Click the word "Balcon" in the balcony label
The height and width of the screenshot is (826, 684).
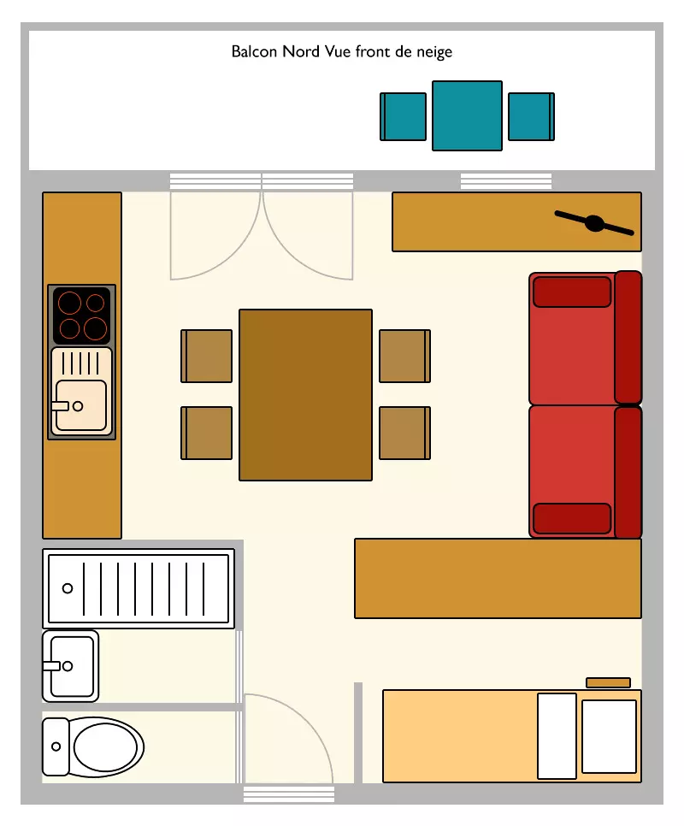[x=254, y=51]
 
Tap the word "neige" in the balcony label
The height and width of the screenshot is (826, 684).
[x=434, y=52]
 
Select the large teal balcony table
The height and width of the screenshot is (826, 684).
[x=467, y=116]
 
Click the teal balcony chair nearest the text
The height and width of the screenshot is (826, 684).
[x=404, y=116]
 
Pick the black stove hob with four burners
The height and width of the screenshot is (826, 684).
[x=81, y=316]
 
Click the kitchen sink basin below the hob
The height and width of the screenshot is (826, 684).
[x=81, y=405]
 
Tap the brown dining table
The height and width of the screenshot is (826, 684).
[x=305, y=395]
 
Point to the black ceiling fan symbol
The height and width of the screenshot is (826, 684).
[x=594, y=223]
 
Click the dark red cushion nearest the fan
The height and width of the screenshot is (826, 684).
[x=572, y=292]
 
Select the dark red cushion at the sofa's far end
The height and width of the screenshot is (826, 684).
[x=572, y=518]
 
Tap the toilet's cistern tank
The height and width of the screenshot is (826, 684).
[x=56, y=746]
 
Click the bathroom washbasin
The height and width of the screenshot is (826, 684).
[x=71, y=666]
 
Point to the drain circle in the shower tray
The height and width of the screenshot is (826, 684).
[x=68, y=588]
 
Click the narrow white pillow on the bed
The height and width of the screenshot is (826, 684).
[x=557, y=736]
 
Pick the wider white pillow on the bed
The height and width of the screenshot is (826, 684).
[x=610, y=736]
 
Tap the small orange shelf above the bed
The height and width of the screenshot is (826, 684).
[x=608, y=682]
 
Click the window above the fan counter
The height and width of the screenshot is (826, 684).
[x=506, y=180]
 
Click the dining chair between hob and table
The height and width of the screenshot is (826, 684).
[x=206, y=356]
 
